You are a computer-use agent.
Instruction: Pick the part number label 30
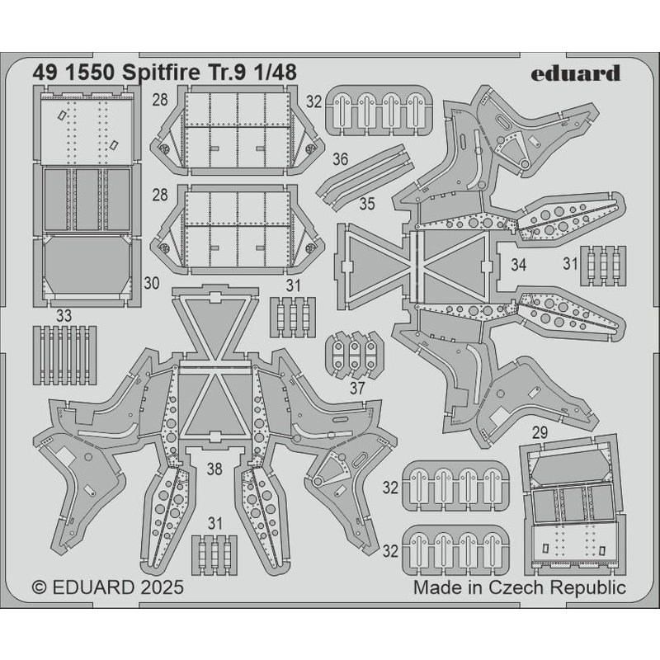tap(151, 282)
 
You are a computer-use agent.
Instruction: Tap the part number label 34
tap(519, 266)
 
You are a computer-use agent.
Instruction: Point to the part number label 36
tap(317, 158)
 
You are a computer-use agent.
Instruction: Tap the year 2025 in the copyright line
tap(157, 589)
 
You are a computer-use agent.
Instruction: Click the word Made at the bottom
tap(436, 588)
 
